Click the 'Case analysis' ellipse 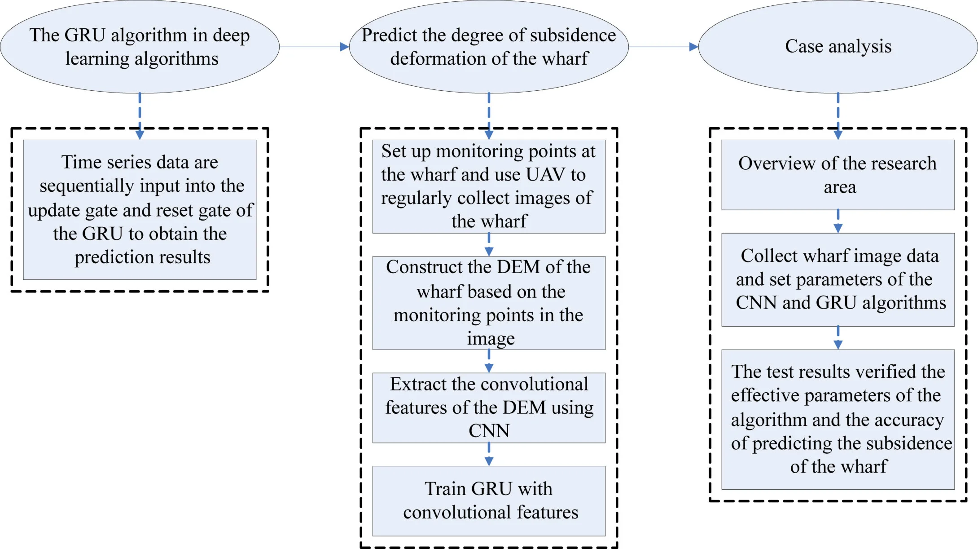838,47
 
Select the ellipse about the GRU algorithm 140,47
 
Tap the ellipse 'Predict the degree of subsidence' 488,47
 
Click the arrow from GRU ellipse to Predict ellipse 314,47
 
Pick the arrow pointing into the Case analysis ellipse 663,47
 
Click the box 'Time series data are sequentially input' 140,209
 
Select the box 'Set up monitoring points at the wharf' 488,186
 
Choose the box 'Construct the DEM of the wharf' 488,302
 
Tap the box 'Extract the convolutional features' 488,407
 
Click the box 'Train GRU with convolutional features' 488,500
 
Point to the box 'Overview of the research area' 838,175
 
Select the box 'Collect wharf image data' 838,279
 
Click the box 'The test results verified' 838,419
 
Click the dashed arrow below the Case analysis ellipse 838,116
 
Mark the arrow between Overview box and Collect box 838,221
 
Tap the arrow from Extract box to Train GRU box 489,454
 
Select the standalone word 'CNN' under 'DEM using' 489,431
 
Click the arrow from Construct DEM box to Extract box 489,361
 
